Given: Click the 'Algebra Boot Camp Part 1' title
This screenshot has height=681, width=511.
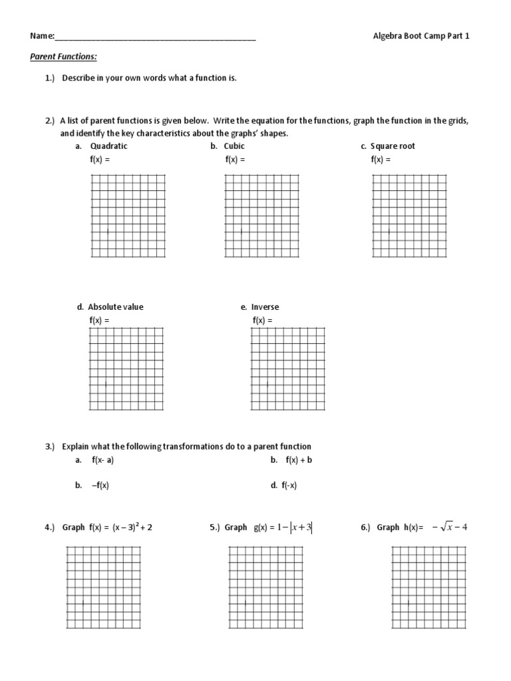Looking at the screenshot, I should coord(421,36).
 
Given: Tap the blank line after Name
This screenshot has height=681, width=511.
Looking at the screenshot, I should coord(156,37).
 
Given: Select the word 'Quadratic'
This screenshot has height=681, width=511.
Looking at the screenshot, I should coord(108,146).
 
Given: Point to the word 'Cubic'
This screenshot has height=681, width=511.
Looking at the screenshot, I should coord(234,146).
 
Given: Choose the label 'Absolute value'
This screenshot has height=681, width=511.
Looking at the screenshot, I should coord(115,307).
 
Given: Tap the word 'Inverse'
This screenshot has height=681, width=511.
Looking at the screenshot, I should coord(265,307).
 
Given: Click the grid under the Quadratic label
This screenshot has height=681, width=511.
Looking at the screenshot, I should coord(128,215).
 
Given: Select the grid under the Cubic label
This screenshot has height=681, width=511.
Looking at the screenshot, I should coord(261,215).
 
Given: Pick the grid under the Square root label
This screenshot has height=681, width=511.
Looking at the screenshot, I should coord(409,215).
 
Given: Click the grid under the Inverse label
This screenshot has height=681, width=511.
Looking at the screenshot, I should coord(287,369).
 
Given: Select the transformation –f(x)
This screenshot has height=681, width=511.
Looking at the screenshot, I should coord(100,485).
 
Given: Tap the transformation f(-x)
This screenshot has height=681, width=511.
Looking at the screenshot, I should coord(289,485).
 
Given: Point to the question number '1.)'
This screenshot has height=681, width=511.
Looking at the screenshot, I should coord(51,78).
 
